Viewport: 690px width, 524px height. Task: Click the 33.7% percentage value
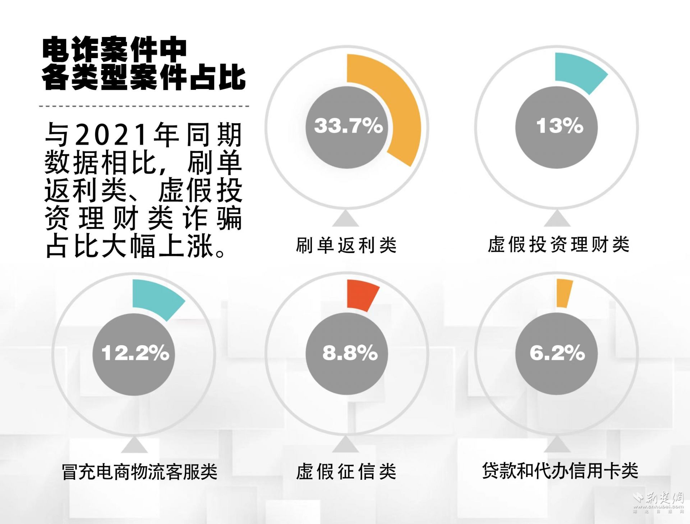[x=348, y=126]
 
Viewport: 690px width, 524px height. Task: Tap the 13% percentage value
[x=559, y=126]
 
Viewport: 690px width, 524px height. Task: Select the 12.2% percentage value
[x=135, y=353]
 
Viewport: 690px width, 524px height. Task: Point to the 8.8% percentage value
[x=350, y=353]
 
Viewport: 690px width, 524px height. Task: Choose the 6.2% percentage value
[x=557, y=353]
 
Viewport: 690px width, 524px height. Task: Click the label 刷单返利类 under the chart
[x=346, y=246]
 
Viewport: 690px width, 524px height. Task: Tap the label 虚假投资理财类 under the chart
[x=558, y=245]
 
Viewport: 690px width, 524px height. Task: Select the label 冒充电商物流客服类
[x=139, y=472]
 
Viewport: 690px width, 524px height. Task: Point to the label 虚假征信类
[x=346, y=472]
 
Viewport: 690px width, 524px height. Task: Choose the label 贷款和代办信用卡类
[x=560, y=471]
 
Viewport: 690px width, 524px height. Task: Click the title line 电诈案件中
[x=114, y=49]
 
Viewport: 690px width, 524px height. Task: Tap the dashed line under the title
[x=144, y=106]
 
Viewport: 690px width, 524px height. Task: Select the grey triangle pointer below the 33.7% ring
[x=345, y=219]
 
